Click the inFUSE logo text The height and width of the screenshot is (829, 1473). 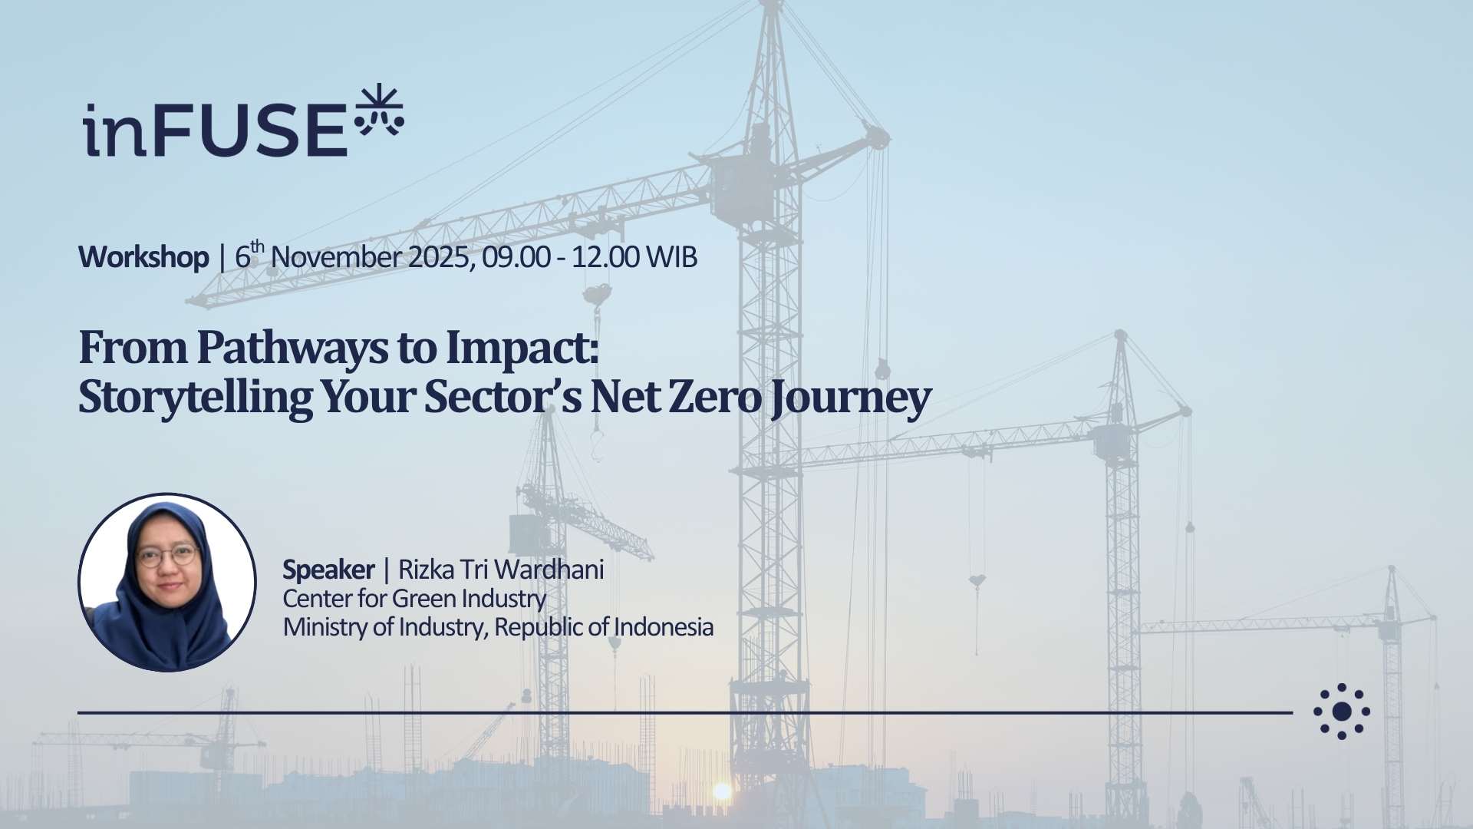(215, 130)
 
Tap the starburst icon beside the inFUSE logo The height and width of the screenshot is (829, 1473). (379, 111)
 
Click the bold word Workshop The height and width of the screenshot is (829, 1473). (143, 257)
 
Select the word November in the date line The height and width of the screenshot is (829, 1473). (336, 257)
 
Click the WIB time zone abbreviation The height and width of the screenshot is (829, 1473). (671, 257)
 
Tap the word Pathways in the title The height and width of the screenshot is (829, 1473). (292, 348)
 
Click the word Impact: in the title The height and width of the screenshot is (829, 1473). (522, 348)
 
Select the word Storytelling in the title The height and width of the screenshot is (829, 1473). (195, 398)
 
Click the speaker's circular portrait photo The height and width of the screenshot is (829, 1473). (167, 583)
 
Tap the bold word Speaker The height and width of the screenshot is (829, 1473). (328, 570)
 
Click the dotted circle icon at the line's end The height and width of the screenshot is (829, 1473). (1342, 712)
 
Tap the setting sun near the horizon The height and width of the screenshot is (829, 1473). (721, 791)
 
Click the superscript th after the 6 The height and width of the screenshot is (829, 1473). (258, 246)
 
